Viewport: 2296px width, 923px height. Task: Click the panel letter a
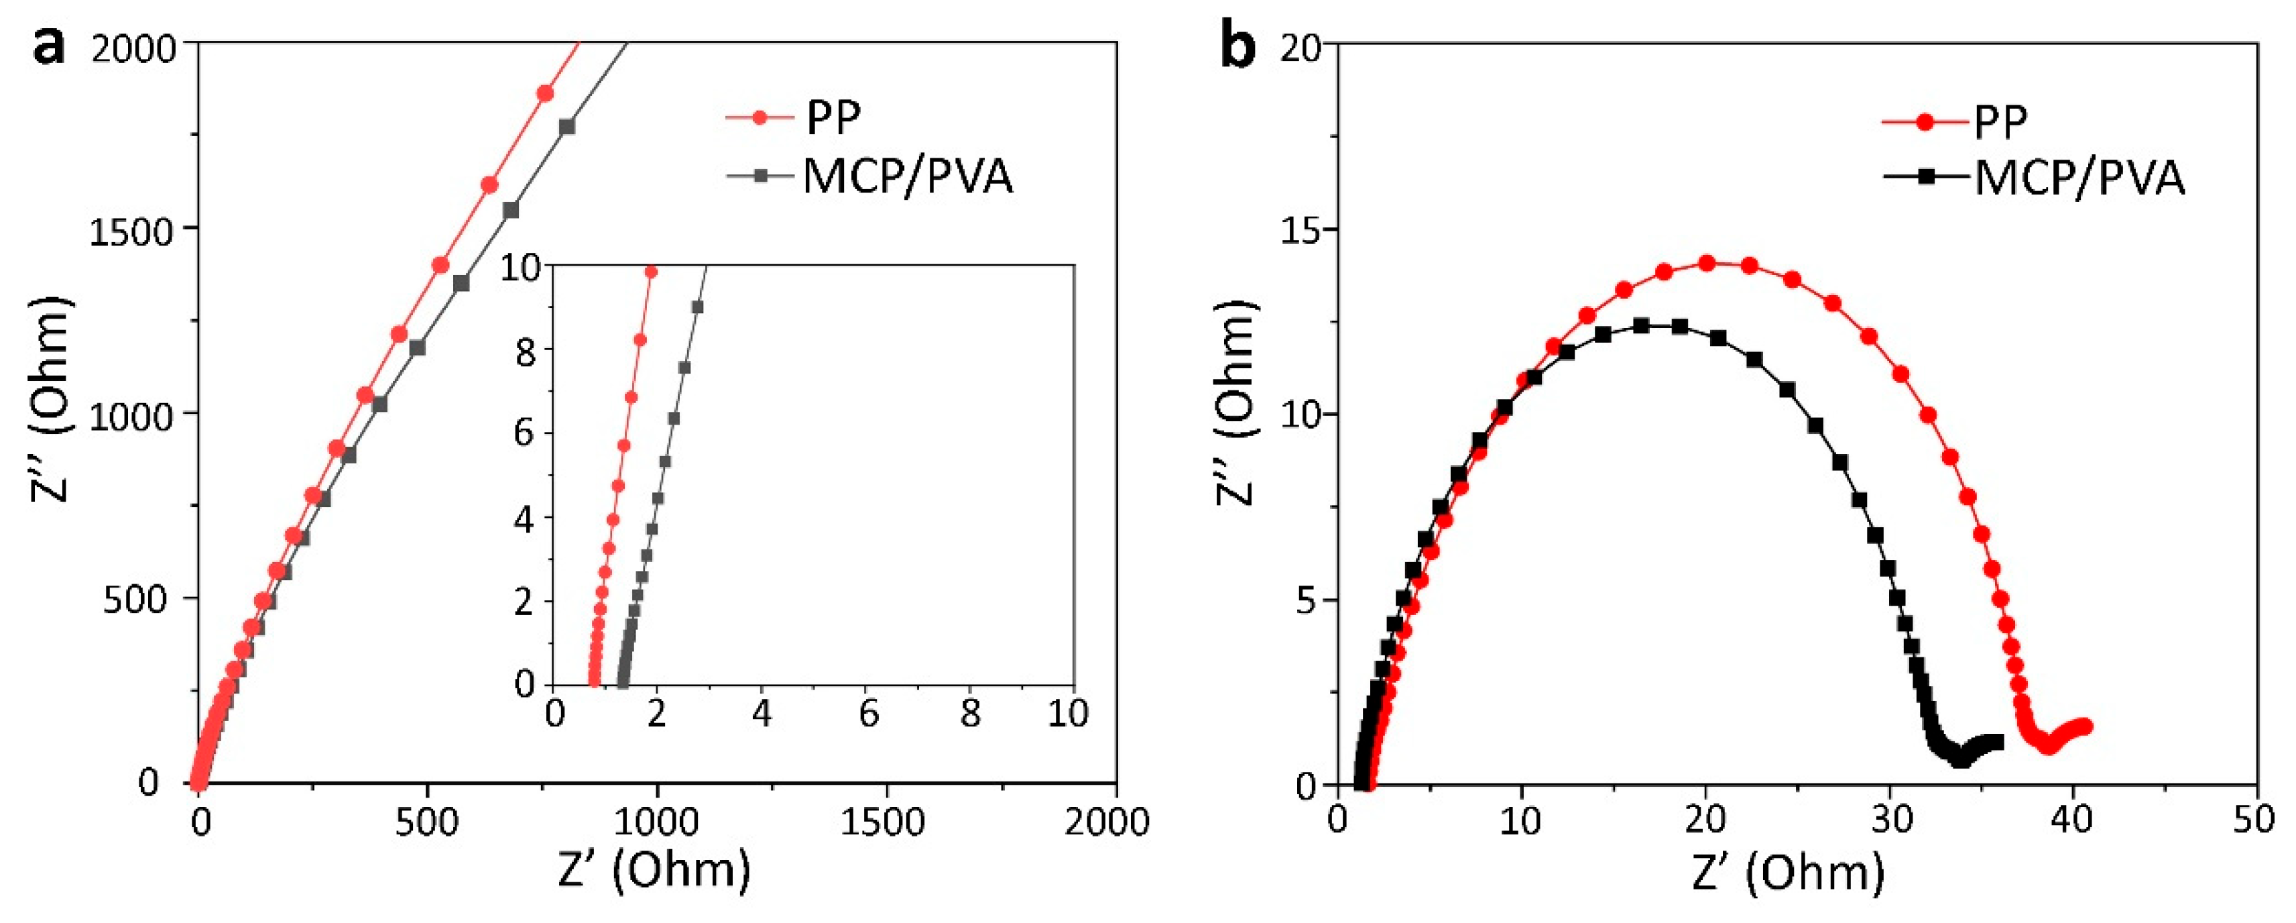click(49, 44)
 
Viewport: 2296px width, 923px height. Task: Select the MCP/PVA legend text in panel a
click(908, 176)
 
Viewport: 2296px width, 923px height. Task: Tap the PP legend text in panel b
click(2001, 122)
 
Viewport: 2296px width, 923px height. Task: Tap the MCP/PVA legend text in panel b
click(2079, 178)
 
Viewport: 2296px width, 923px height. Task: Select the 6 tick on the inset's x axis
click(868, 714)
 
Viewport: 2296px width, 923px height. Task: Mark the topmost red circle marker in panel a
click(544, 94)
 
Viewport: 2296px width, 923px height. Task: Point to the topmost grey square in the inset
click(698, 307)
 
